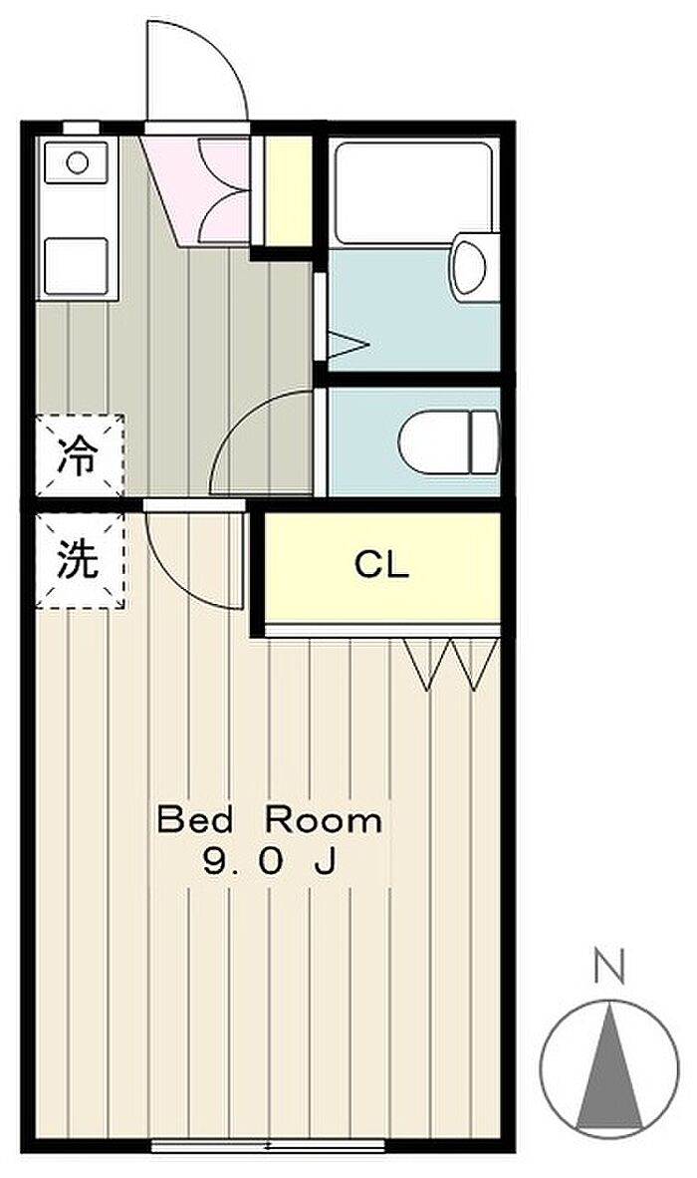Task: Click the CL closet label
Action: [382, 564]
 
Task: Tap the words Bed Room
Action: [270, 819]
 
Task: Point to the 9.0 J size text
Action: [269, 862]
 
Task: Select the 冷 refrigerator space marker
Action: [80, 455]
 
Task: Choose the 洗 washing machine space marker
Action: [80, 560]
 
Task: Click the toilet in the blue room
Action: [449, 442]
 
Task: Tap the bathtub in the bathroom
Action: [413, 190]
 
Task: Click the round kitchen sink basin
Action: [78, 162]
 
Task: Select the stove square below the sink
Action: [77, 266]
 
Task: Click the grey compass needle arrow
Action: [608, 1066]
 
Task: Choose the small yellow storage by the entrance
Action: [288, 190]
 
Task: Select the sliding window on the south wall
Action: [268, 1146]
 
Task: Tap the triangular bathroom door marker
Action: [347, 346]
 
